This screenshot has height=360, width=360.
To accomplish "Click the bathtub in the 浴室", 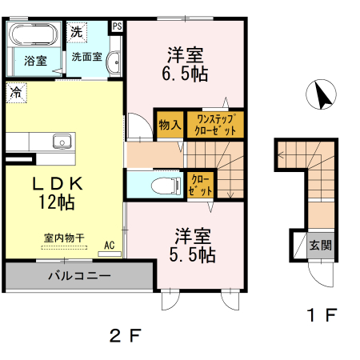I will tap(32, 34).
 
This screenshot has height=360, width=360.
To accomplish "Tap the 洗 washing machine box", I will tap(75, 33).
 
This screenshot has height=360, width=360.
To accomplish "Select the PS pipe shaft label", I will tap(117, 26).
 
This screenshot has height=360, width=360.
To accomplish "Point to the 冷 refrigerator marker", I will tap(15, 92).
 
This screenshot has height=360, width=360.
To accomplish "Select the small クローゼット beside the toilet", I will tap(200, 186).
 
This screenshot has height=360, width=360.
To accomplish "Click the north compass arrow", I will tap(322, 97).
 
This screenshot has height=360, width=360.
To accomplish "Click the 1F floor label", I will tap(322, 314).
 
